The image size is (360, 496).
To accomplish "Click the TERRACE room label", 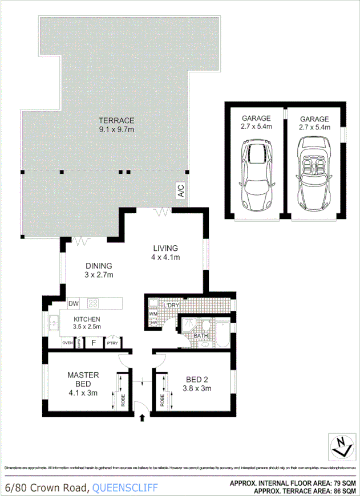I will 116,120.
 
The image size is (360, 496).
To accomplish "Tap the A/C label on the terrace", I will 180,191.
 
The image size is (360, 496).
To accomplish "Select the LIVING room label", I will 165,248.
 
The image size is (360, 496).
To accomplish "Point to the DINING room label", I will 99,266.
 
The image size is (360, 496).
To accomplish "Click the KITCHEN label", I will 87,319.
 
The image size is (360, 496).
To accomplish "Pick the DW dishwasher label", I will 72,303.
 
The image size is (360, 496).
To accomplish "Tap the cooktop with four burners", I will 93,303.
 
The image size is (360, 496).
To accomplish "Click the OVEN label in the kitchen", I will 67,343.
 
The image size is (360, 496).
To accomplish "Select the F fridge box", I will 93,343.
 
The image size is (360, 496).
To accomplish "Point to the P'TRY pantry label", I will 112,343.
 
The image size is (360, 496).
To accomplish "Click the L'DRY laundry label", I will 171,306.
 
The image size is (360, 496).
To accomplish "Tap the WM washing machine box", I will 153,314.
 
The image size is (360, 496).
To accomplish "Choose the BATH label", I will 200,336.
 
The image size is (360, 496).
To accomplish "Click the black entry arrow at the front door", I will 142,418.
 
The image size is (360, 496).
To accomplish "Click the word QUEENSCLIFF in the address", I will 125,487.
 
